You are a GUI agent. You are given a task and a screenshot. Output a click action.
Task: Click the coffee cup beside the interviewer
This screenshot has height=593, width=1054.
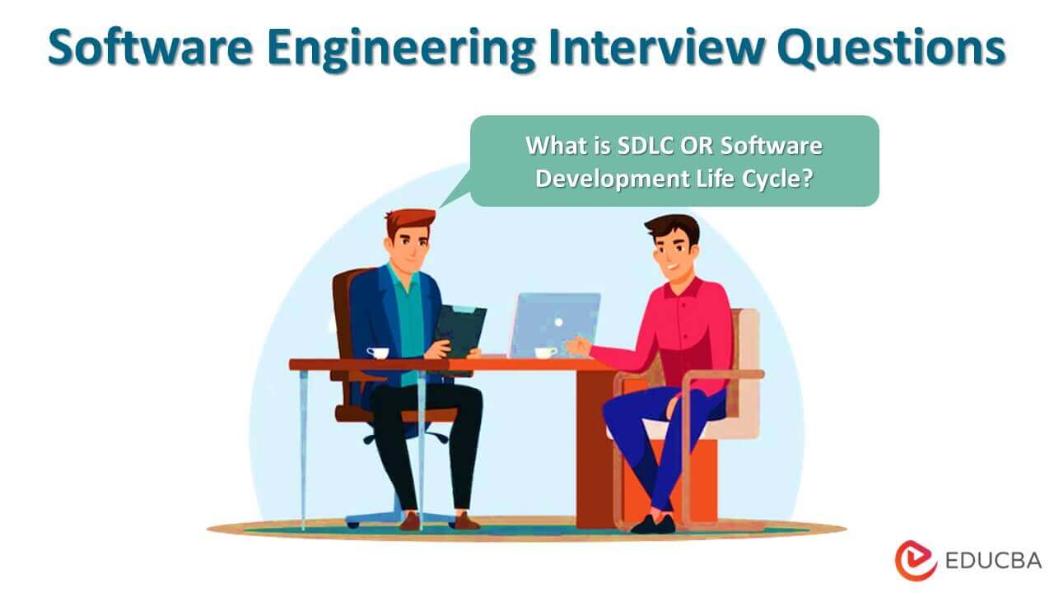(378, 353)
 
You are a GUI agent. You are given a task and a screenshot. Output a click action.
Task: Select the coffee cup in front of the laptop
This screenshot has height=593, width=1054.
(545, 353)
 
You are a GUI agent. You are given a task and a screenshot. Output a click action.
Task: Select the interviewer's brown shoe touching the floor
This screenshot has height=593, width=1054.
(466, 521)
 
